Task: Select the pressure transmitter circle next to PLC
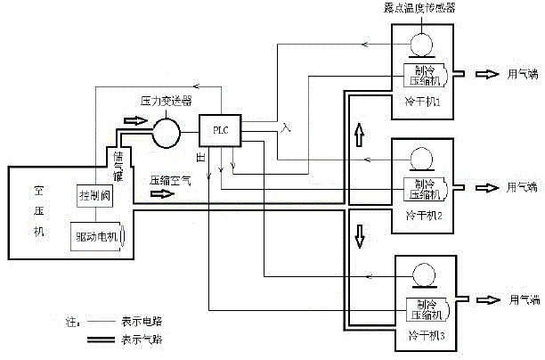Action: click(x=166, y=133)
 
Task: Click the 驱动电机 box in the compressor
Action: click(x=100, y=236)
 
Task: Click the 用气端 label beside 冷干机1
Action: click(x=518, y=74)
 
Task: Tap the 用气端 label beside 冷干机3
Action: click(x=518, y=300)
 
